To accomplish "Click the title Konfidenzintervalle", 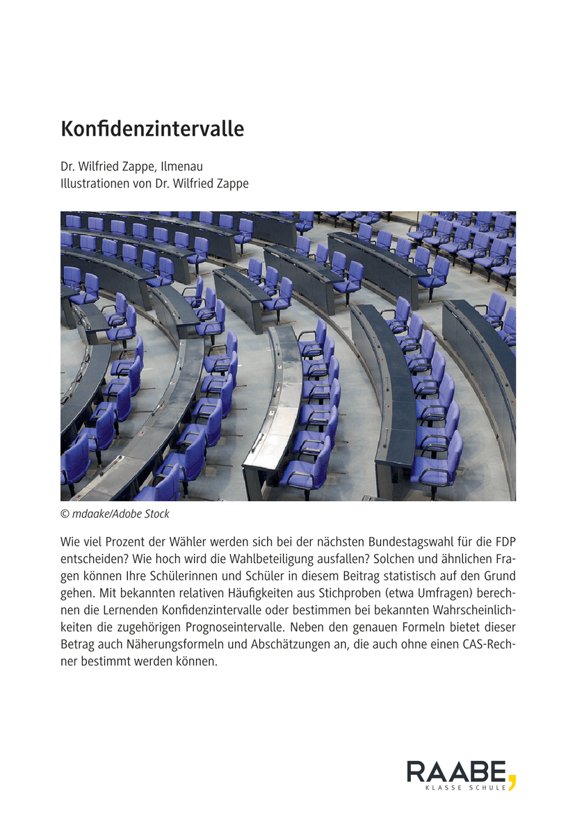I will coord(152,129).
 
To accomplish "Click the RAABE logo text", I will coord(456,772).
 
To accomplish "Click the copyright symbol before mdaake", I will coord(65,514).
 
